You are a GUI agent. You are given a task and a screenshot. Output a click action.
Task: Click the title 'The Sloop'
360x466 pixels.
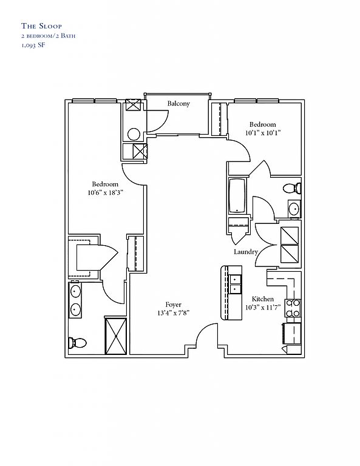pos(41,26)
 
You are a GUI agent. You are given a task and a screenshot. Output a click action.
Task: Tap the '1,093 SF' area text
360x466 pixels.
pos(33,46)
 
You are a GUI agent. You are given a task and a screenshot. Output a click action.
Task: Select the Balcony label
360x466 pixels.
pos(178,103)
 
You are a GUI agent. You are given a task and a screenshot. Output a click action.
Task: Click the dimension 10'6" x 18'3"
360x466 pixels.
pos(105,192)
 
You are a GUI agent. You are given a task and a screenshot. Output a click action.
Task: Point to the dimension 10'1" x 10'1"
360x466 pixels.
pos(263,133)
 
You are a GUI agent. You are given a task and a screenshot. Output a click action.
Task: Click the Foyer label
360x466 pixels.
pos(173,305)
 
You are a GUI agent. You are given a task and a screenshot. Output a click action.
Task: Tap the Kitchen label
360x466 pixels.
pos(263,299)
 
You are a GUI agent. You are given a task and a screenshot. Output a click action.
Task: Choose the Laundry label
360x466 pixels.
pos(245,252)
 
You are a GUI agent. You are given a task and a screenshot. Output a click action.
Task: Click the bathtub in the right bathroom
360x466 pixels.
pos(237,195)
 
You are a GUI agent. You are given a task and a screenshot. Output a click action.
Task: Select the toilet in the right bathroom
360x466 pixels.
pos(292,188)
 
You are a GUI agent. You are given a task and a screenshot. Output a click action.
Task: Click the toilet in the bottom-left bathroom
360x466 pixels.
pos(77,343)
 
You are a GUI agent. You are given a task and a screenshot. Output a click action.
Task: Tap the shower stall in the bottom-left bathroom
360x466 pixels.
pos(115,336)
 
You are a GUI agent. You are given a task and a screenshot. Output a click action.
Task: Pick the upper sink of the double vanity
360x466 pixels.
pos(75,291)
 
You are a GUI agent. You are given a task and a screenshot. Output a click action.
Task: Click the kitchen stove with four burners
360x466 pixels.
pos(293,308)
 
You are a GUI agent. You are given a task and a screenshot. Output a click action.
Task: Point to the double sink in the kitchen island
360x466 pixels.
pos(235,284)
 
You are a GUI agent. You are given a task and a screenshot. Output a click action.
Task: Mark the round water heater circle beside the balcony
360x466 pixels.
pos(134,134)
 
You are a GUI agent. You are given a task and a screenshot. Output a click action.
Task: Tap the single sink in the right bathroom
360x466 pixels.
pos(294,209)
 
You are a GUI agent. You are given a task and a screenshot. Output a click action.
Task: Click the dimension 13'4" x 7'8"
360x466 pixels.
pos(174,313)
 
